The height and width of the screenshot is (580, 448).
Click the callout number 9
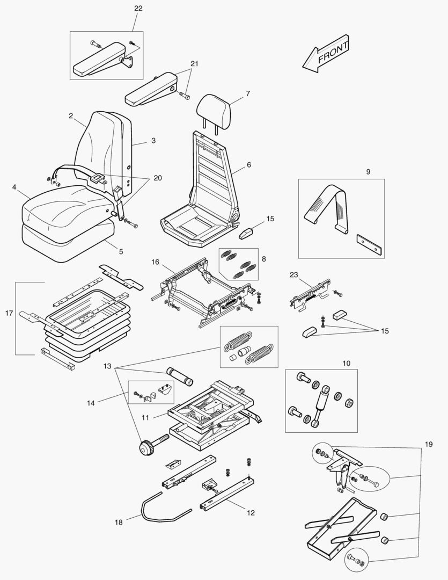[x=368, y=172]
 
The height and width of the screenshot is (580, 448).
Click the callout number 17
[x=8, y=313]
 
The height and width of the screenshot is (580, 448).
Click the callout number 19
[x=428, y=445]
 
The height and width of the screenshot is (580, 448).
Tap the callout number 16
[x=155, y=262]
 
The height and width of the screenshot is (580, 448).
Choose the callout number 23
[x=293, y=274]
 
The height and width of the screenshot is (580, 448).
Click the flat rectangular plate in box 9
[x=369, y=242]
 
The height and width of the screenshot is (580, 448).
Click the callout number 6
[x=249, y=165]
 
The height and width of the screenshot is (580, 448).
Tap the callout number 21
[x=194, y=63]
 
